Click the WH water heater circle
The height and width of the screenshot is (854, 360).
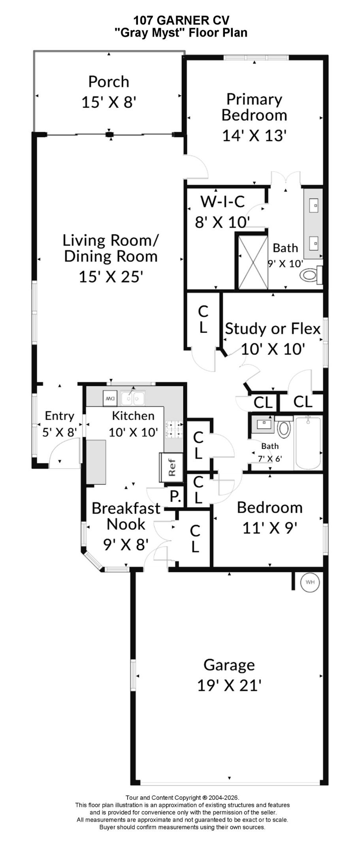click(x=310, y=582)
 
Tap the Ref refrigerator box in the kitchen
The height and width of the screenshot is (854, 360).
click(x=171, y=467)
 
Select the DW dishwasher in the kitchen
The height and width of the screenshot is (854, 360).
click(x=109, y=398)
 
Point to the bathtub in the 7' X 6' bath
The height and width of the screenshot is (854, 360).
click(x=308, y=443)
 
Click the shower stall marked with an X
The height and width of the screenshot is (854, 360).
click(x=252, y=261)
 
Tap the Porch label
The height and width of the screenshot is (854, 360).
click(x=109, y=81)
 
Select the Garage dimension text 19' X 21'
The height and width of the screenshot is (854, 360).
click(x=229, y=685)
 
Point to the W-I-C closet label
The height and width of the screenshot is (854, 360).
click(x=222, y=202)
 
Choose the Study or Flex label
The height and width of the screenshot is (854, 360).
click(x=273, y=329)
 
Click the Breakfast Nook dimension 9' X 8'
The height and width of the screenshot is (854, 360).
click(x=126, y=544)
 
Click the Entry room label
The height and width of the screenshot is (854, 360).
click(x=60, y=416)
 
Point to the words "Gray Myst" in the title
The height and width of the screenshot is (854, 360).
click(x=150, y=32)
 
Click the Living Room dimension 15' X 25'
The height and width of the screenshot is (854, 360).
click(x=110, y=276)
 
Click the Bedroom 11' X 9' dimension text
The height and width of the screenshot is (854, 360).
click(x=270, y=527)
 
